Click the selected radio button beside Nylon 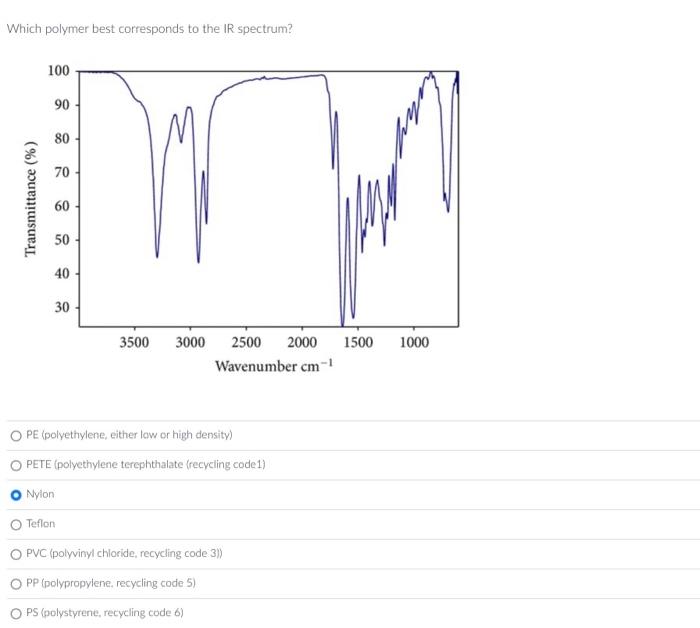16,494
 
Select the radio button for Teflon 16,524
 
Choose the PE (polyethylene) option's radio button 16,435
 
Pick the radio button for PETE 16,465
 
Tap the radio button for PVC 16,553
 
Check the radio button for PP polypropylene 16,583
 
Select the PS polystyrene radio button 16,612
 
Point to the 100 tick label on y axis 58,71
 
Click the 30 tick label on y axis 61,308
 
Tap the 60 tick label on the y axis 61,206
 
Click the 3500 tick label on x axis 134,343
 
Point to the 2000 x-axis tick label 302,343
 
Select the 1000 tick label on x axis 414,343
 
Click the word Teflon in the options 41,524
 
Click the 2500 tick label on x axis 246,343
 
